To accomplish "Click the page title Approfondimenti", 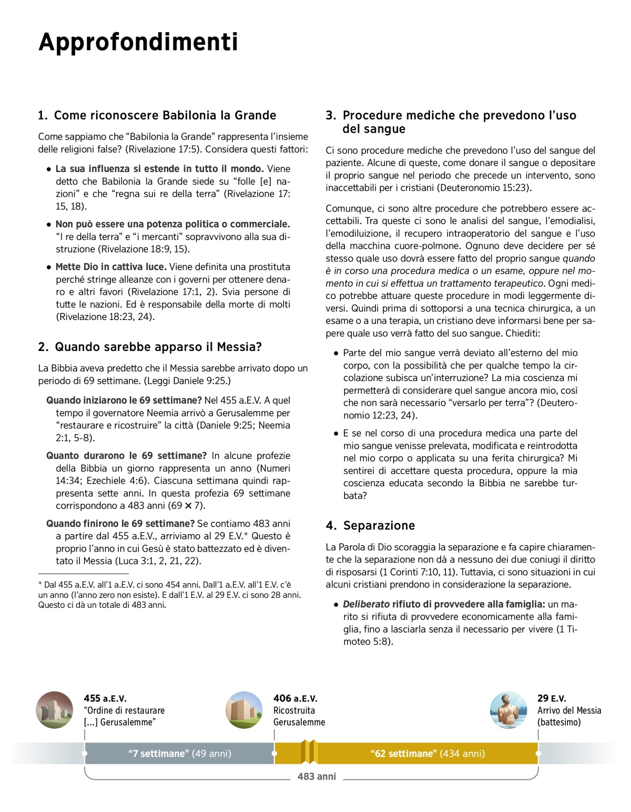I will (x=138, y=42).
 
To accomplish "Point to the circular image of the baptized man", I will (x=508, y=710).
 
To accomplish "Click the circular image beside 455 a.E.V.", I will (x=55, y=710).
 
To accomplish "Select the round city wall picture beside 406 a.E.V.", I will (x=244, y=710).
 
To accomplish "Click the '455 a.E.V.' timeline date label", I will (x=105, y=698).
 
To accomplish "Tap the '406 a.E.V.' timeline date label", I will (x=295, y=698).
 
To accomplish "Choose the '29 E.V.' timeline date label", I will (x=552, y=698).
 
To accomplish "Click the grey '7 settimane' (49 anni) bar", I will (x=179, y=754).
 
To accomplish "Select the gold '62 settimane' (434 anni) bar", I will (x=427, y=754).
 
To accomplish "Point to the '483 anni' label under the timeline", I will (x=317, y=776).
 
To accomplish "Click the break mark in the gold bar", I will (x=309, y=751).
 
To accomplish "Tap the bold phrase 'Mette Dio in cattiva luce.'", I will (x=111, y=267).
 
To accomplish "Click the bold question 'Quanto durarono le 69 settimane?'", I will (x=126, y=456).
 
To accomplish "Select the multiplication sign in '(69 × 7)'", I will (x=188, y=506).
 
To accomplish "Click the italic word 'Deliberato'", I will (x=367, y=604).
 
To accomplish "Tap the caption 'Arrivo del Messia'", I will (x=569, y=710).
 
